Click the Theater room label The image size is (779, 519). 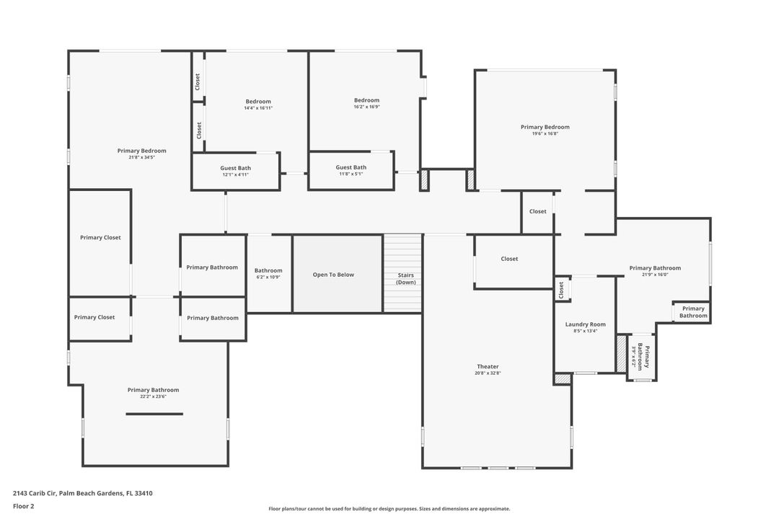coord(488,367)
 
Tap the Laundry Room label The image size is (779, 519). coord(585,324)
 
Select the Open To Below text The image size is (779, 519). coord(333,275)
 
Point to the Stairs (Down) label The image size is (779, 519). coord(405,278)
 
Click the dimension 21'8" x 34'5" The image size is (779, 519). coord(141,157)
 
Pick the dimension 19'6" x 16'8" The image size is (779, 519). coord(545,133)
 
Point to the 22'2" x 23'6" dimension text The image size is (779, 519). coord(153,396)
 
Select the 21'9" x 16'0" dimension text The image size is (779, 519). coord(654,274)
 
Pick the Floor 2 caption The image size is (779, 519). coord(23,506)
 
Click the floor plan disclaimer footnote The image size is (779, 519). coord(389,509)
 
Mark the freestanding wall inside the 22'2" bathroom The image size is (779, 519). coord(154,414)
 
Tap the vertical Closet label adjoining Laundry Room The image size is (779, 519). coord(561,290)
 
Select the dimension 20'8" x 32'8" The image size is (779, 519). coord(488,373)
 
